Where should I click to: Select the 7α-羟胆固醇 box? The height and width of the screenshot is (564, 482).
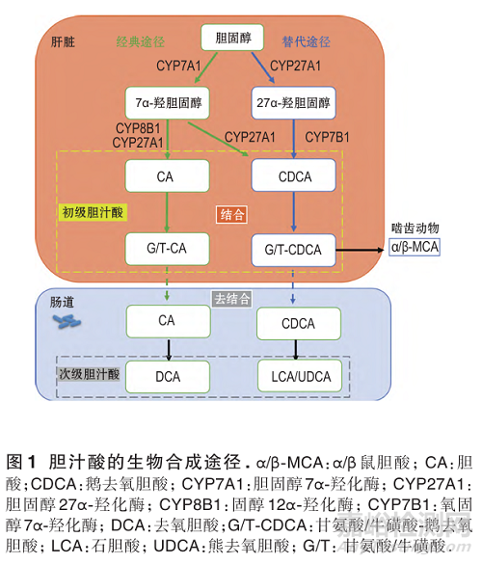pos(168,100)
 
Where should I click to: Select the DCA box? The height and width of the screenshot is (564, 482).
pos(168,374)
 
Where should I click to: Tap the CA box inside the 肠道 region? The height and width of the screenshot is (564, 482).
pos(168,319)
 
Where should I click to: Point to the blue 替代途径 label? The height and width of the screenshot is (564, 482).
pos(307,42)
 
